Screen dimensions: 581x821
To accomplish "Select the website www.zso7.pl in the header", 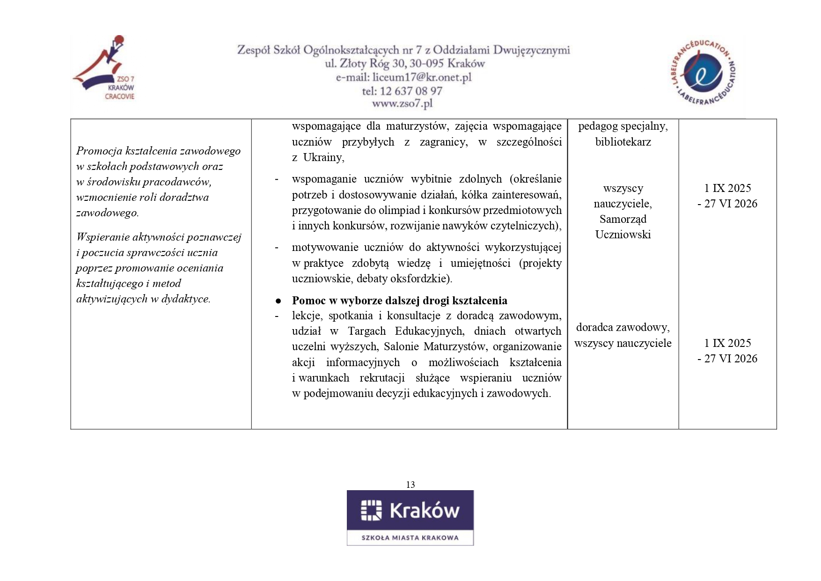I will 403,103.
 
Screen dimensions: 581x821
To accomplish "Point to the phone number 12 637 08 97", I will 411,91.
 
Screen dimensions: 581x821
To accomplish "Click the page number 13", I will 410,485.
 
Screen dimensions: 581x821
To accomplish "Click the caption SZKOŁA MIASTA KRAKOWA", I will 410,537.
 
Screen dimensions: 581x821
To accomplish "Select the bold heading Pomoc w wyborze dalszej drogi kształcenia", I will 399,301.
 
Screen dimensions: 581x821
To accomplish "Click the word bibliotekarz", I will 623,142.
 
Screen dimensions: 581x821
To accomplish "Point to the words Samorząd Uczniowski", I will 623,227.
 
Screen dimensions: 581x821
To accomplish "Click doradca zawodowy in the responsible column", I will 623,327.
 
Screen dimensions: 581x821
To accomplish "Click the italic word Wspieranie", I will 103,237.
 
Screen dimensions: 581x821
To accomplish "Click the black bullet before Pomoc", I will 278,301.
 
